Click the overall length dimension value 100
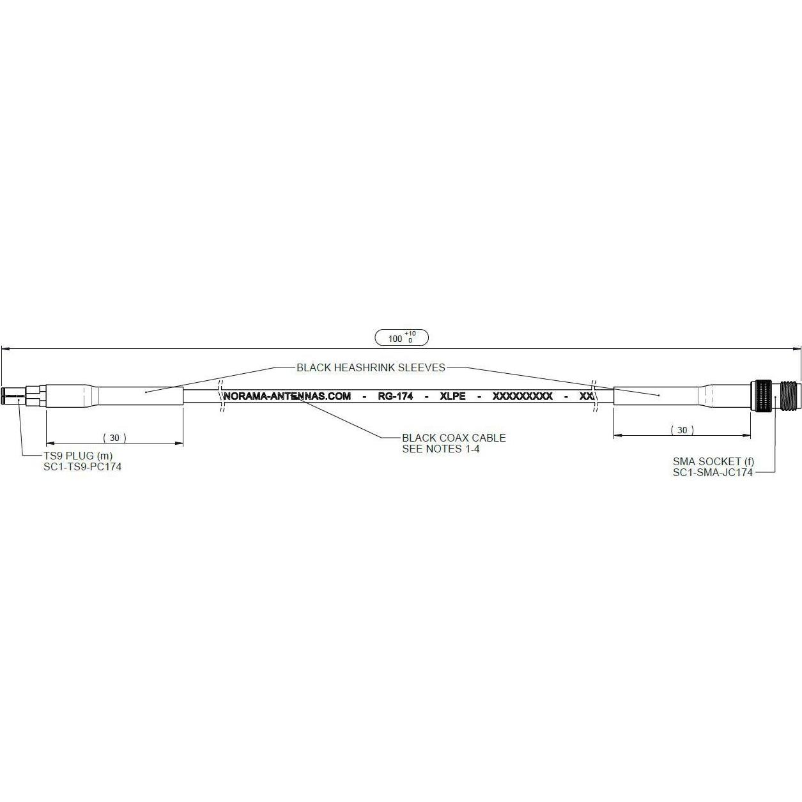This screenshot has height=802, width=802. (395, 339)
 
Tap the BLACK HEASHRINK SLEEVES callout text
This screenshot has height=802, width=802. (371, 368)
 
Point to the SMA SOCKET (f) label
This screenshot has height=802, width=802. (713, 461)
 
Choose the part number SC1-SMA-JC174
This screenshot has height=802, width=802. (713, 472)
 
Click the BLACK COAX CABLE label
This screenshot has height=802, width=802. (453, 438)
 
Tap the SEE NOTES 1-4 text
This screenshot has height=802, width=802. (440, 449)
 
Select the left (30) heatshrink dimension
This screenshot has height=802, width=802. (114, 438)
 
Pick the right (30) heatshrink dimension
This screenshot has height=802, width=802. (682, 430)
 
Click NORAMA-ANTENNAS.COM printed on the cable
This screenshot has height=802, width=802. (288, 396)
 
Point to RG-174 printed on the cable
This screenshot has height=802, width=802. (395, 396)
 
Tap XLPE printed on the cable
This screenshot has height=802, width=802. (453, 396)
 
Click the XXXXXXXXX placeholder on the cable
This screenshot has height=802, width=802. (522, 396)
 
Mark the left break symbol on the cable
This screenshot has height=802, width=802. (222, 396)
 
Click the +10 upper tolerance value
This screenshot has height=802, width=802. (410, 334)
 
